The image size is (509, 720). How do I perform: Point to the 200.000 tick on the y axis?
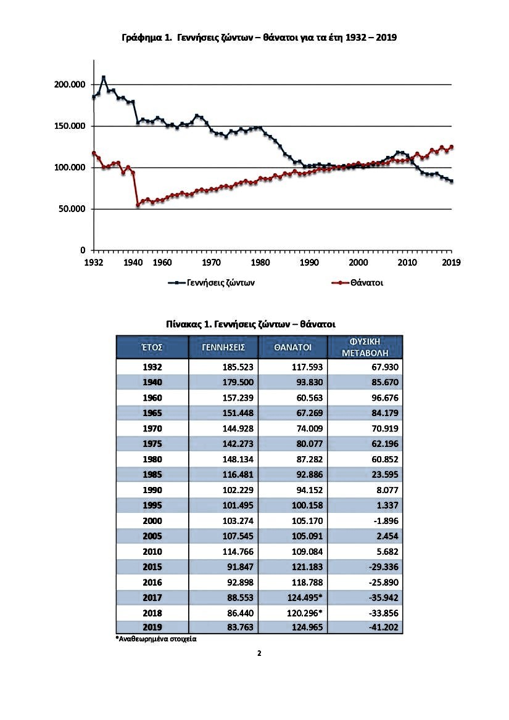(x=70, y=84)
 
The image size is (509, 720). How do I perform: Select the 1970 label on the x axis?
(x=211, y=263)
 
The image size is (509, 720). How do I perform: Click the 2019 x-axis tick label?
(x=451, y=263)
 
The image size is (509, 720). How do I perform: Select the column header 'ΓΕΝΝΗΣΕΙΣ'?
(x=224, y=348)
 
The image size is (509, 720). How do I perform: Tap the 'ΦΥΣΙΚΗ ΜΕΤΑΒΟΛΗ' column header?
(x=365, y=347)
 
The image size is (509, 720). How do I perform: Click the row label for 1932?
(x=152, y=367)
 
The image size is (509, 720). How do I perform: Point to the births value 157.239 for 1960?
(x=238, y=398)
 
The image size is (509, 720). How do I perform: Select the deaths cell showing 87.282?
(x=310, y=459)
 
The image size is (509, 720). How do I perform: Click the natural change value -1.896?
(x=384, y=521)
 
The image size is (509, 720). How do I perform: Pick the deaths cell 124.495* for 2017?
(x=307, y=598)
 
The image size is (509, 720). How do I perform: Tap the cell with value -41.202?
(x=384, y=628)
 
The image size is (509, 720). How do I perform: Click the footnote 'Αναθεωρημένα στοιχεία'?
(x=156, y=639)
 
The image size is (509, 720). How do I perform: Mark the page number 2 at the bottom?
(x=259, y=653)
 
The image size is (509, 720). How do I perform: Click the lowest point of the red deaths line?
(x=138, y=205)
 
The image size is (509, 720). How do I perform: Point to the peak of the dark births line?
(x=104, y=77)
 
